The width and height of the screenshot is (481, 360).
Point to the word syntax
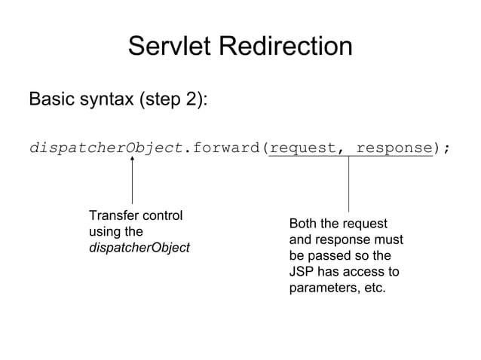pyautogui.click(x=106, y=100)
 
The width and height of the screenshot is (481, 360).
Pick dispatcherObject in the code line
pyautogui.click(x=106, y=147)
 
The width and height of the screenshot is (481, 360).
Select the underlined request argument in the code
pyautogui.click(x=302, y=147)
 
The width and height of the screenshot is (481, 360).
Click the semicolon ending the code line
pyautogui.click(x=446, y=148)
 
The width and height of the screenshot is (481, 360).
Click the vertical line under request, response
pyautogui.click(x=348, y=185)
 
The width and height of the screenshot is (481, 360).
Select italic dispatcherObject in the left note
pyautogui.click(x=139, y=248)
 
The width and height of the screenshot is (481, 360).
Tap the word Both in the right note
pyautogui.click(x=303, y=224)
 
